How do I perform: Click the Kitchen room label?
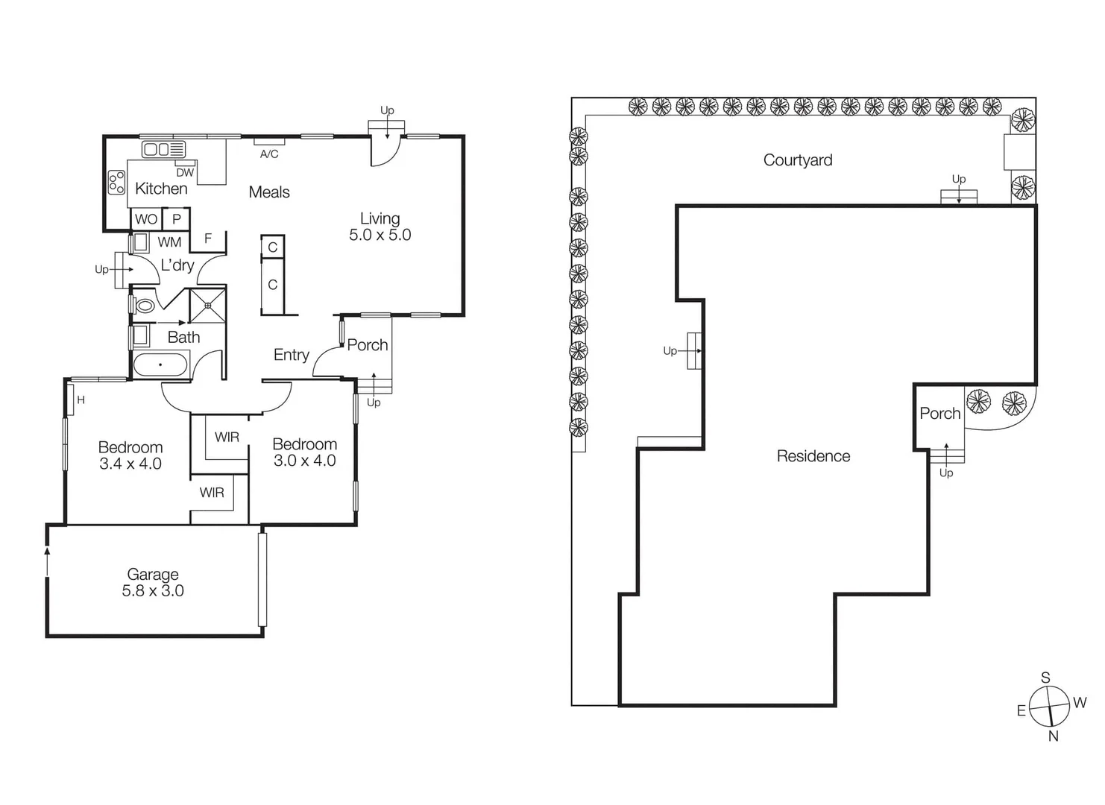click(x=161, y=189)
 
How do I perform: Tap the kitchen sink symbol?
click(x=163, y=149)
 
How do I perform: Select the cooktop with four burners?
click(x=116, y=183)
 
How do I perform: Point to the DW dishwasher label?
click(x=185, y=172)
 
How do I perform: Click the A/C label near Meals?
click(x=269, y=154)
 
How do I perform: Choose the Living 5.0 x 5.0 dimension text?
click(x=380, y=235)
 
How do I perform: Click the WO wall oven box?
click(x=146, y=219)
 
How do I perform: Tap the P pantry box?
click(x=177, y=219)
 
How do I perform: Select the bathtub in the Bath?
click(x=160, y=365)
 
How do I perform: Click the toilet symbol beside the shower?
click(x=145, y=306)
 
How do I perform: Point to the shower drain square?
click(x=208, y=306)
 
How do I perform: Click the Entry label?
click(x=291, y=355)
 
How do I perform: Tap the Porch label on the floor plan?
click(x=368, y=345)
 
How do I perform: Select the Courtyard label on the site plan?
click(x=798, y=160)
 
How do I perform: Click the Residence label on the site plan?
click(x=813, y=456)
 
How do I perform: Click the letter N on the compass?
click(x=1054, y=736)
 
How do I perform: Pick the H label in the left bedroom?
click(x=81, y=400)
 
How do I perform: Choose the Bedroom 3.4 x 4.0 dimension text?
click(x=130, y=464)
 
